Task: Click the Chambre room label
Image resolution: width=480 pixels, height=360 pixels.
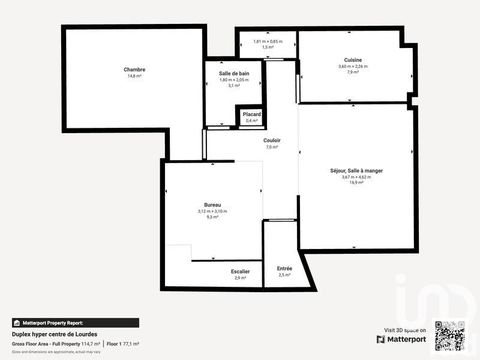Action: tap(134, 70)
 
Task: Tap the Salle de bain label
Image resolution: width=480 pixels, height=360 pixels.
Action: tap(234, 73)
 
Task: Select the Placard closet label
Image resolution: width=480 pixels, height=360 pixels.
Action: tap(251, 114)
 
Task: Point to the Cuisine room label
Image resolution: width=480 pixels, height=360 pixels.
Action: tap(353, 59)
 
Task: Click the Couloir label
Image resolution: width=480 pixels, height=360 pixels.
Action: tap(272, 140)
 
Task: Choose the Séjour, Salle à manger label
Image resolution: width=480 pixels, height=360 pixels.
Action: tap(356, 171)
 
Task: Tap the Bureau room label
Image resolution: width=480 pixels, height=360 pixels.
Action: tap(212, 205)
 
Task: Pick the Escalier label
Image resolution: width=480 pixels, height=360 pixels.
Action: tap(240, 272)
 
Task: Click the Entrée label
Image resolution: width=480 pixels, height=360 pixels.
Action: tap(284, 268)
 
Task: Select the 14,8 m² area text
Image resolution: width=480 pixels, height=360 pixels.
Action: tap(134, 76)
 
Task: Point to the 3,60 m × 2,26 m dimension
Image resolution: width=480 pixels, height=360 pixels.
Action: tap(353, 66)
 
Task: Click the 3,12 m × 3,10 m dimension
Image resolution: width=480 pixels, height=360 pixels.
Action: tap(212, 211)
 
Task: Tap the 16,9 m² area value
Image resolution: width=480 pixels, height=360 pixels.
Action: tap(356, 182)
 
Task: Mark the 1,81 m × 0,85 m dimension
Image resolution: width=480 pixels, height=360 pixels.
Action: tap(268, 41)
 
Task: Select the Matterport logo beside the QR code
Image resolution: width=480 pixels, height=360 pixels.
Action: tap(401, 339)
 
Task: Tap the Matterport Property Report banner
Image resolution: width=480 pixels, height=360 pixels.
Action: tap(76, 323)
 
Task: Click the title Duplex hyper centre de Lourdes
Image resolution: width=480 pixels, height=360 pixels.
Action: tap(55, 334)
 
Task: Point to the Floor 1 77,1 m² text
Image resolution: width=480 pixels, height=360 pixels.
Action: tap(123, 344)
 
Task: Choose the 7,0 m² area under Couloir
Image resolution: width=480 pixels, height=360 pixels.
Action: tap(272, 147)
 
